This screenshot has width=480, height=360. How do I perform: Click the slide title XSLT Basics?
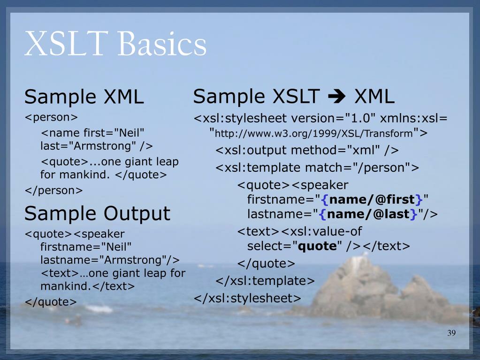[x=115, y=45]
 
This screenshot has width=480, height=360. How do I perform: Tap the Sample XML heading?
[x=84, y=97]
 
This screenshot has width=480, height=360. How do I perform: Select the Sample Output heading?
[x=97, y=214]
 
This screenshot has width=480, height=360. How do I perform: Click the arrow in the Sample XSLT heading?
[x=334, y=97]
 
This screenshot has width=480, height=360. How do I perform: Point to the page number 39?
[x=451, y=333]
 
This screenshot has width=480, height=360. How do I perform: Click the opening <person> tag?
[x=51, y=116]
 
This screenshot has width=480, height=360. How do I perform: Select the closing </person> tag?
[x=53, y=190]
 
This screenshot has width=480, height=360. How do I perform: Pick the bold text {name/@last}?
[x=368, y=214]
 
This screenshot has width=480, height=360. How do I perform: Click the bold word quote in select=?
[x=318, y=246]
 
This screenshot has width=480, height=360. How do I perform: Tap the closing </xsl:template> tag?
[x=265, y=281]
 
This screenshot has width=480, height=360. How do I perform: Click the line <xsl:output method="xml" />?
[x=307, y=150]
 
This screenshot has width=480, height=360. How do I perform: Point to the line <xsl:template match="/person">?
[x=318, y=167]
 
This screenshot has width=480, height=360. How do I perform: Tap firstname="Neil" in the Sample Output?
[x=86, y=246]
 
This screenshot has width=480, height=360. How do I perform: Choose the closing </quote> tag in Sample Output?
[x=51, y=302]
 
